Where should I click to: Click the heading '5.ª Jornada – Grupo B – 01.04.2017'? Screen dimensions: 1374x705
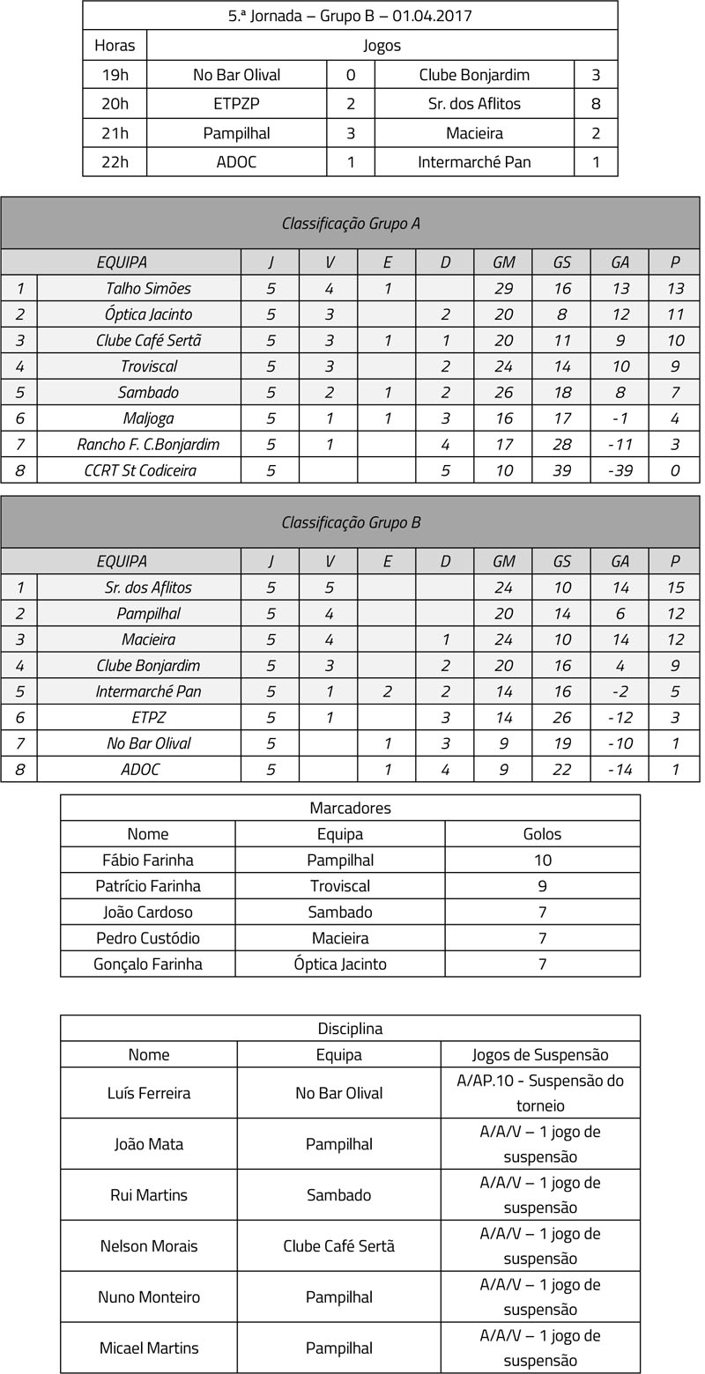(350, 16)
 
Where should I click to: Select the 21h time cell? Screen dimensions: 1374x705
(115, 133)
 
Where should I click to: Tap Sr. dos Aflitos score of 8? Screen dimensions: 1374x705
(596, 104)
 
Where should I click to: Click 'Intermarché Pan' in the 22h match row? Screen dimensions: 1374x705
(474, 162)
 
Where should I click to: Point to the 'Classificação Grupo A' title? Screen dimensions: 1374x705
(351, 224)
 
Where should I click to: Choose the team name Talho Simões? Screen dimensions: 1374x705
(148, 288)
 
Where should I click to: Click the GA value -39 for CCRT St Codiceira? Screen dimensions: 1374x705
(620, 470)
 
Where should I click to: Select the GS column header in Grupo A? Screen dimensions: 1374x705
(561, 262)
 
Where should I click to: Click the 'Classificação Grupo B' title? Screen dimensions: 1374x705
(351, 522)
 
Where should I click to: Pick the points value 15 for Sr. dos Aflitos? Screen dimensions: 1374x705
(674, 587)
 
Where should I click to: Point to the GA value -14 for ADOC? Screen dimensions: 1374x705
(620, 769)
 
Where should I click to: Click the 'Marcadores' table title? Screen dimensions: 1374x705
(350, 808)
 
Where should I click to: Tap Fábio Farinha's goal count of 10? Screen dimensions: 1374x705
(542, 860)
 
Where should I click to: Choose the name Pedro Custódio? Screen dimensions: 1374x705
(148, 938)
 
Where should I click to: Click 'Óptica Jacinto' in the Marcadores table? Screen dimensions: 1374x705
(340, 964)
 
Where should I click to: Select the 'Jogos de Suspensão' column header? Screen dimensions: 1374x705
(540, 1054)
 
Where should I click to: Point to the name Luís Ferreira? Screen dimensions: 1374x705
(148, 1093)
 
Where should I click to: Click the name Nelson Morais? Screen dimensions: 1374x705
(148, 1245)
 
